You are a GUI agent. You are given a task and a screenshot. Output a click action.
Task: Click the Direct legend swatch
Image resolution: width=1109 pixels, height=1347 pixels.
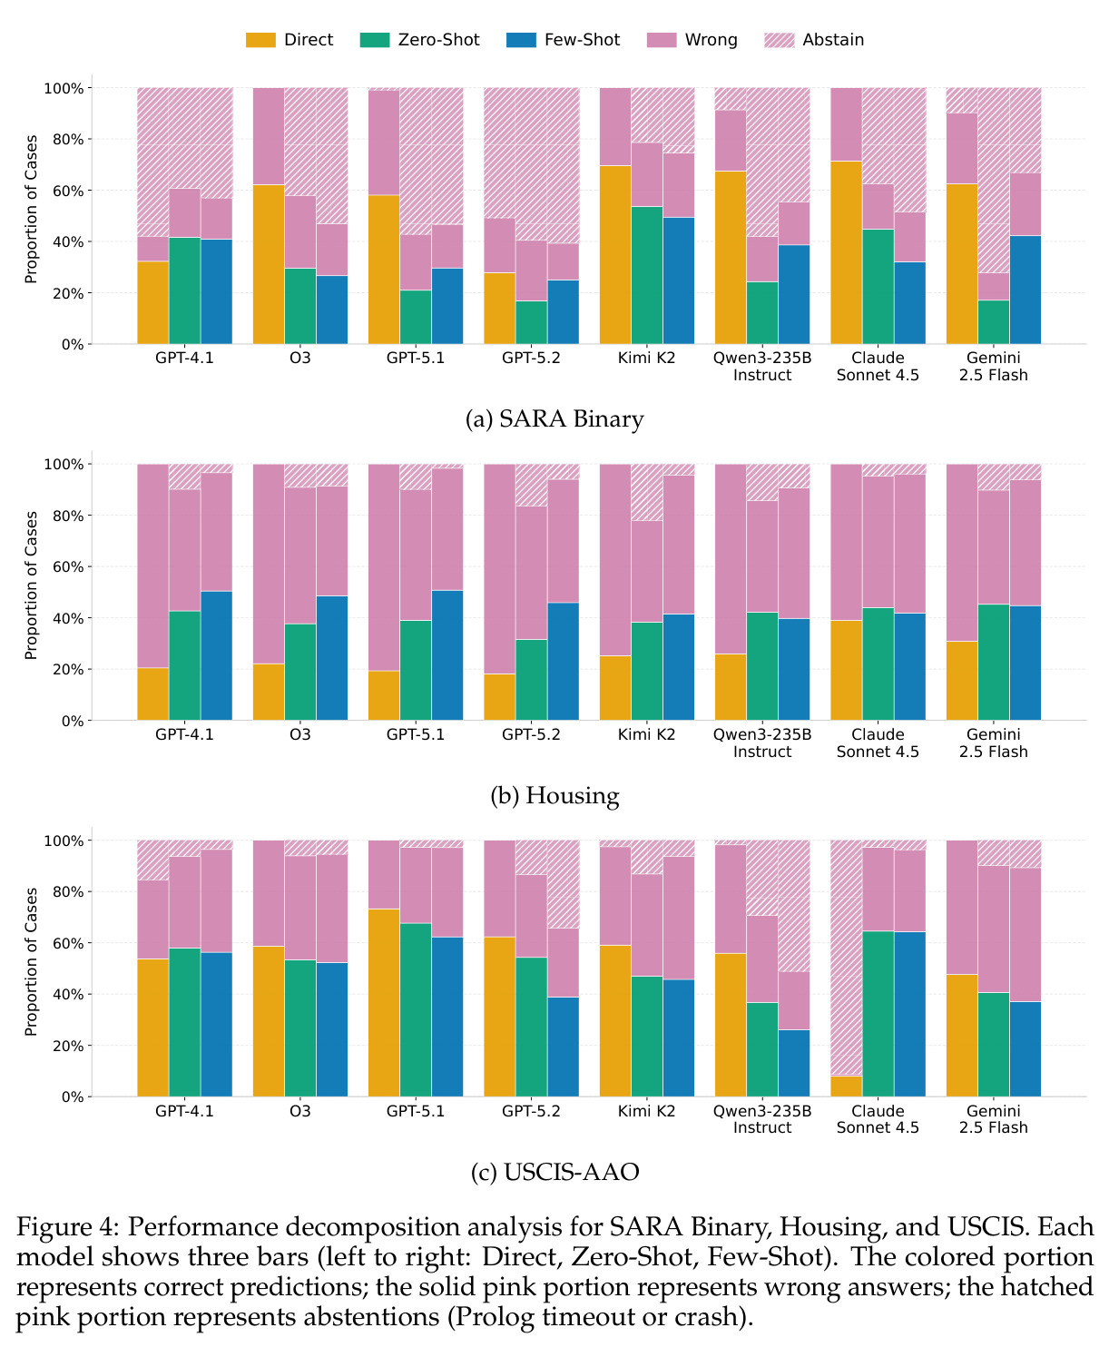coord(260,40)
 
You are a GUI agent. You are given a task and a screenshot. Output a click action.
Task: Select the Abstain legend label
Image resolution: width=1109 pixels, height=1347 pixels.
coord(832,40)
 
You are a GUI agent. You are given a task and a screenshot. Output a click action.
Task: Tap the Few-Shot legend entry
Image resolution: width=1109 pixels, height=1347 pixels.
coord(564,40)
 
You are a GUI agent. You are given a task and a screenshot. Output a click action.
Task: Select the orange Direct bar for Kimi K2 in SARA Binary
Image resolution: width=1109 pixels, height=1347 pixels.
coord(614,255)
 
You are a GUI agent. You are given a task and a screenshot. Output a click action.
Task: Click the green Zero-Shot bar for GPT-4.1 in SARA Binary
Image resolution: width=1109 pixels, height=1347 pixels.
coord(184,290)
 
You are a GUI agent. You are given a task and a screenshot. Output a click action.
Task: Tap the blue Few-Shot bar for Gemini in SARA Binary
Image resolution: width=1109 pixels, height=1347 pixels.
coord(1026,290)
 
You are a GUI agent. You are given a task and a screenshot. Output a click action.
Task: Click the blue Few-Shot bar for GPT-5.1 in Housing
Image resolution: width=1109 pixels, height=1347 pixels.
coord(447,654)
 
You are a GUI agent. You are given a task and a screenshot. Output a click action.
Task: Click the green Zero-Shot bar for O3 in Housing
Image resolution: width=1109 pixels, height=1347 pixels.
coord(300,672)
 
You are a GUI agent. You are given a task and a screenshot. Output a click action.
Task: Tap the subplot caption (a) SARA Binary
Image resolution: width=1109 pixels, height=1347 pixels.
coord(554,419)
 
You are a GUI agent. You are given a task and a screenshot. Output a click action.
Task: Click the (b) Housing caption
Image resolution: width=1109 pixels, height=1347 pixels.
coord(554,795)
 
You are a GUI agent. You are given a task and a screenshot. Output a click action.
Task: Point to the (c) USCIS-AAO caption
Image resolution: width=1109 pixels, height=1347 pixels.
coord(554,1172)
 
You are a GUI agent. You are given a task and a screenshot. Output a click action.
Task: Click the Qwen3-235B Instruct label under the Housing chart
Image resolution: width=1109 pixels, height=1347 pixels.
coord(762,742)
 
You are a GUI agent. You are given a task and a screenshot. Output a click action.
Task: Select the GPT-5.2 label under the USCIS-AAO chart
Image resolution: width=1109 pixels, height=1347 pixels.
coord(531,1111)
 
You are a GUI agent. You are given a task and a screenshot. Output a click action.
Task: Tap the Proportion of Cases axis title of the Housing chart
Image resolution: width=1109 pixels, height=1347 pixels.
coord(30,585)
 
